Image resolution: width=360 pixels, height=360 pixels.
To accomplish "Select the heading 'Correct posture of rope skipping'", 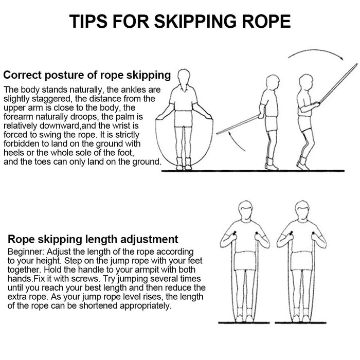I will (87, 75).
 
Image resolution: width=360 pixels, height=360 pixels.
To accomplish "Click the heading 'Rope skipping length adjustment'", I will (93, 239).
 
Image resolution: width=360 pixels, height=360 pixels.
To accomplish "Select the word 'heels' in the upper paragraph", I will (15, 154).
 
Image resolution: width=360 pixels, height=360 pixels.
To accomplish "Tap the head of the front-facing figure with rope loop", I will (183, 77).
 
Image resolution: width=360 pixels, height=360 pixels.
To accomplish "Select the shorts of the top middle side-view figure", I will (271, 123).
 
